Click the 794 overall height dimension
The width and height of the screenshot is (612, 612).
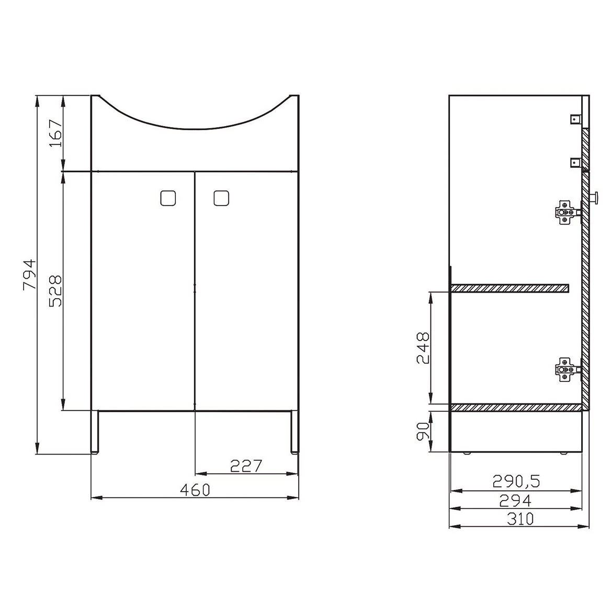pos(30,274)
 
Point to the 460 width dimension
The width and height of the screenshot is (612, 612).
pos(195,490)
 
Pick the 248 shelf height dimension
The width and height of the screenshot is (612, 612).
pos(423,347)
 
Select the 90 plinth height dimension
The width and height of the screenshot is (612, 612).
pos(423,431)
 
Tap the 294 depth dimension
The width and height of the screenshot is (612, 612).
pos(516,501)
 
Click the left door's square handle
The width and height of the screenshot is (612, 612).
pos(167,198)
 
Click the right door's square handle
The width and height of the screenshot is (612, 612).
pos(221,198)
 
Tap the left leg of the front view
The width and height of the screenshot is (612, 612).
pos(95,431)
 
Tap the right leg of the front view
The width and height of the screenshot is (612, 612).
pos(294,431)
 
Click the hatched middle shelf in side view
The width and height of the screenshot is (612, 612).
pos(510,288)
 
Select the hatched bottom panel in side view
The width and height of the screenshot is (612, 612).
pos(516,407)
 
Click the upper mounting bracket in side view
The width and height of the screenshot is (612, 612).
pos(575,119)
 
